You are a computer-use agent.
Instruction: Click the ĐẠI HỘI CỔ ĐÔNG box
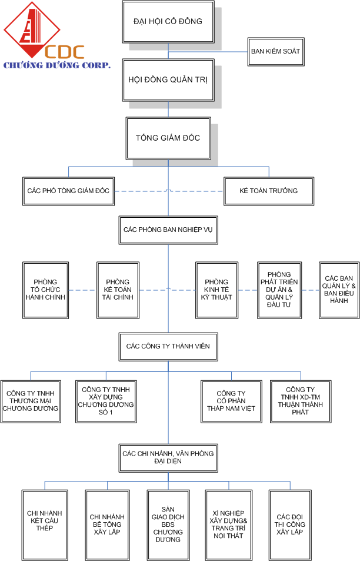pos(168,22)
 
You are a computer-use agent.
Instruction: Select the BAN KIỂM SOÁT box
pos(275,51)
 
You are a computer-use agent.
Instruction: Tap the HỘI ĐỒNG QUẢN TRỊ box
pos(168,78)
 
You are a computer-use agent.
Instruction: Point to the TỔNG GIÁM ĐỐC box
pos(168,138)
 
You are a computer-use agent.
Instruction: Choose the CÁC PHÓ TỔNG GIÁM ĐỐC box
pos(68,191)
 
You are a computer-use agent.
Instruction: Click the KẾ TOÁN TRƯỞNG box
pos(268,191)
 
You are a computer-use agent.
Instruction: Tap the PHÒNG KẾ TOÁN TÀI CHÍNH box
pos(118,290)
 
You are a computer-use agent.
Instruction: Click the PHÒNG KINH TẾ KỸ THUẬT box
pos(218,290)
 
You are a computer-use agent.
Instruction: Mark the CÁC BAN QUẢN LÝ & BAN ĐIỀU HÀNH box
pos(339,290)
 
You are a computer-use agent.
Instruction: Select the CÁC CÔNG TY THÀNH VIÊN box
pos(168,346)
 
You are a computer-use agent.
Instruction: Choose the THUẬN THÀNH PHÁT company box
pos(300,401)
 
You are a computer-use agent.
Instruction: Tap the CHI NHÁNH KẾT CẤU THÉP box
pos(44,520)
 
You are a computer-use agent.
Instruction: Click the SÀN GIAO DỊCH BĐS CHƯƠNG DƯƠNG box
pos(168,524)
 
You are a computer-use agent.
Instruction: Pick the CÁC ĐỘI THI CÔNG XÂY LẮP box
pos(289,520)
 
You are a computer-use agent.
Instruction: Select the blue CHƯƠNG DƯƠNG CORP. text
pos(57,65)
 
